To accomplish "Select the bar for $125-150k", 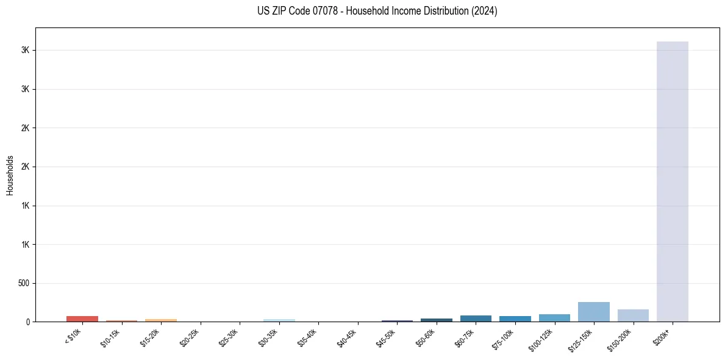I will tap(593, 312).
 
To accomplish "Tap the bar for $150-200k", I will tap(633, 315).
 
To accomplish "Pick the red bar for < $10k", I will tap(82, 319).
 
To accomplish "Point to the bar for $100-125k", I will tap(554, 318).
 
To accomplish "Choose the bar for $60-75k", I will tap(476, 319).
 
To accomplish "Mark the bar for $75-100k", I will tap(515, 319).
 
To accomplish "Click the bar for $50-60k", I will tap(437, 320).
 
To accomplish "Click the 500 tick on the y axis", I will tap(24, 283).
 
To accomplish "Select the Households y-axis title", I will tap(10, 175).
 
